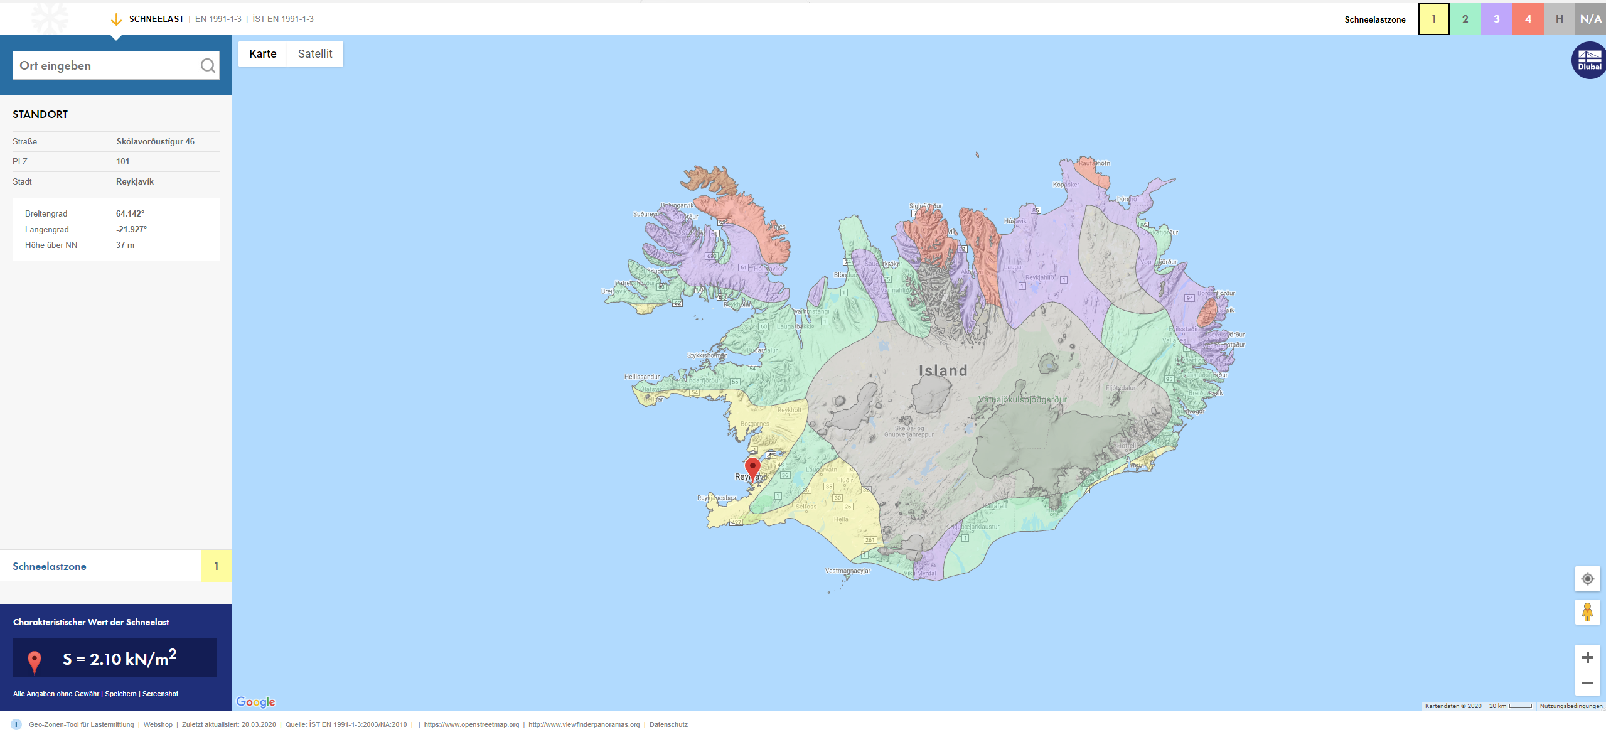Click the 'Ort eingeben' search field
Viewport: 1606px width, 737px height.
click(x=104, y=66)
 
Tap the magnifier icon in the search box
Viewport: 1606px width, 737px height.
click(x=208, y=66)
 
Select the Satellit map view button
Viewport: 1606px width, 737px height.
click(x=315, y=54)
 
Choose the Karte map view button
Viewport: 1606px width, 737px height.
click(x=262, y=54)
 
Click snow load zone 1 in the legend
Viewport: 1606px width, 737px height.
click(x=1433, y=19)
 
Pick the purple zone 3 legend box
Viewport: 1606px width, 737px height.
click(x=1496, y=19)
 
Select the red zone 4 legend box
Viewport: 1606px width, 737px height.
click(x=1528, y=19)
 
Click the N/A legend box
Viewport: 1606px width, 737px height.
click(x=1590, y=19)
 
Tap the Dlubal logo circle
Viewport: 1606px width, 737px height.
click(x=1589, y=60)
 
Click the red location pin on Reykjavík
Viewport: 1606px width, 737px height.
click(x=752, y=467)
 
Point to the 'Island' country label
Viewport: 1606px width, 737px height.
click(x=943, y=370)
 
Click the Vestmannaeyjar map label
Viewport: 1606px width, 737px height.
click(x=847, y=571)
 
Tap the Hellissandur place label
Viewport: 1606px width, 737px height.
click(x=641, y=377)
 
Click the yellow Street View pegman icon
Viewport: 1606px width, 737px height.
click(x=1587, y=612)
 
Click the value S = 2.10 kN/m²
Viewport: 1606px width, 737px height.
click(x=120, y=659)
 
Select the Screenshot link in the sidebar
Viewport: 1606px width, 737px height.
click(x=160, y=694)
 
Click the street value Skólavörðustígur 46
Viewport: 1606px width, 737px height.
click(x=155, y=141)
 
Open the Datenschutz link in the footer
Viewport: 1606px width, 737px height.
click(x=668, y=724)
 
